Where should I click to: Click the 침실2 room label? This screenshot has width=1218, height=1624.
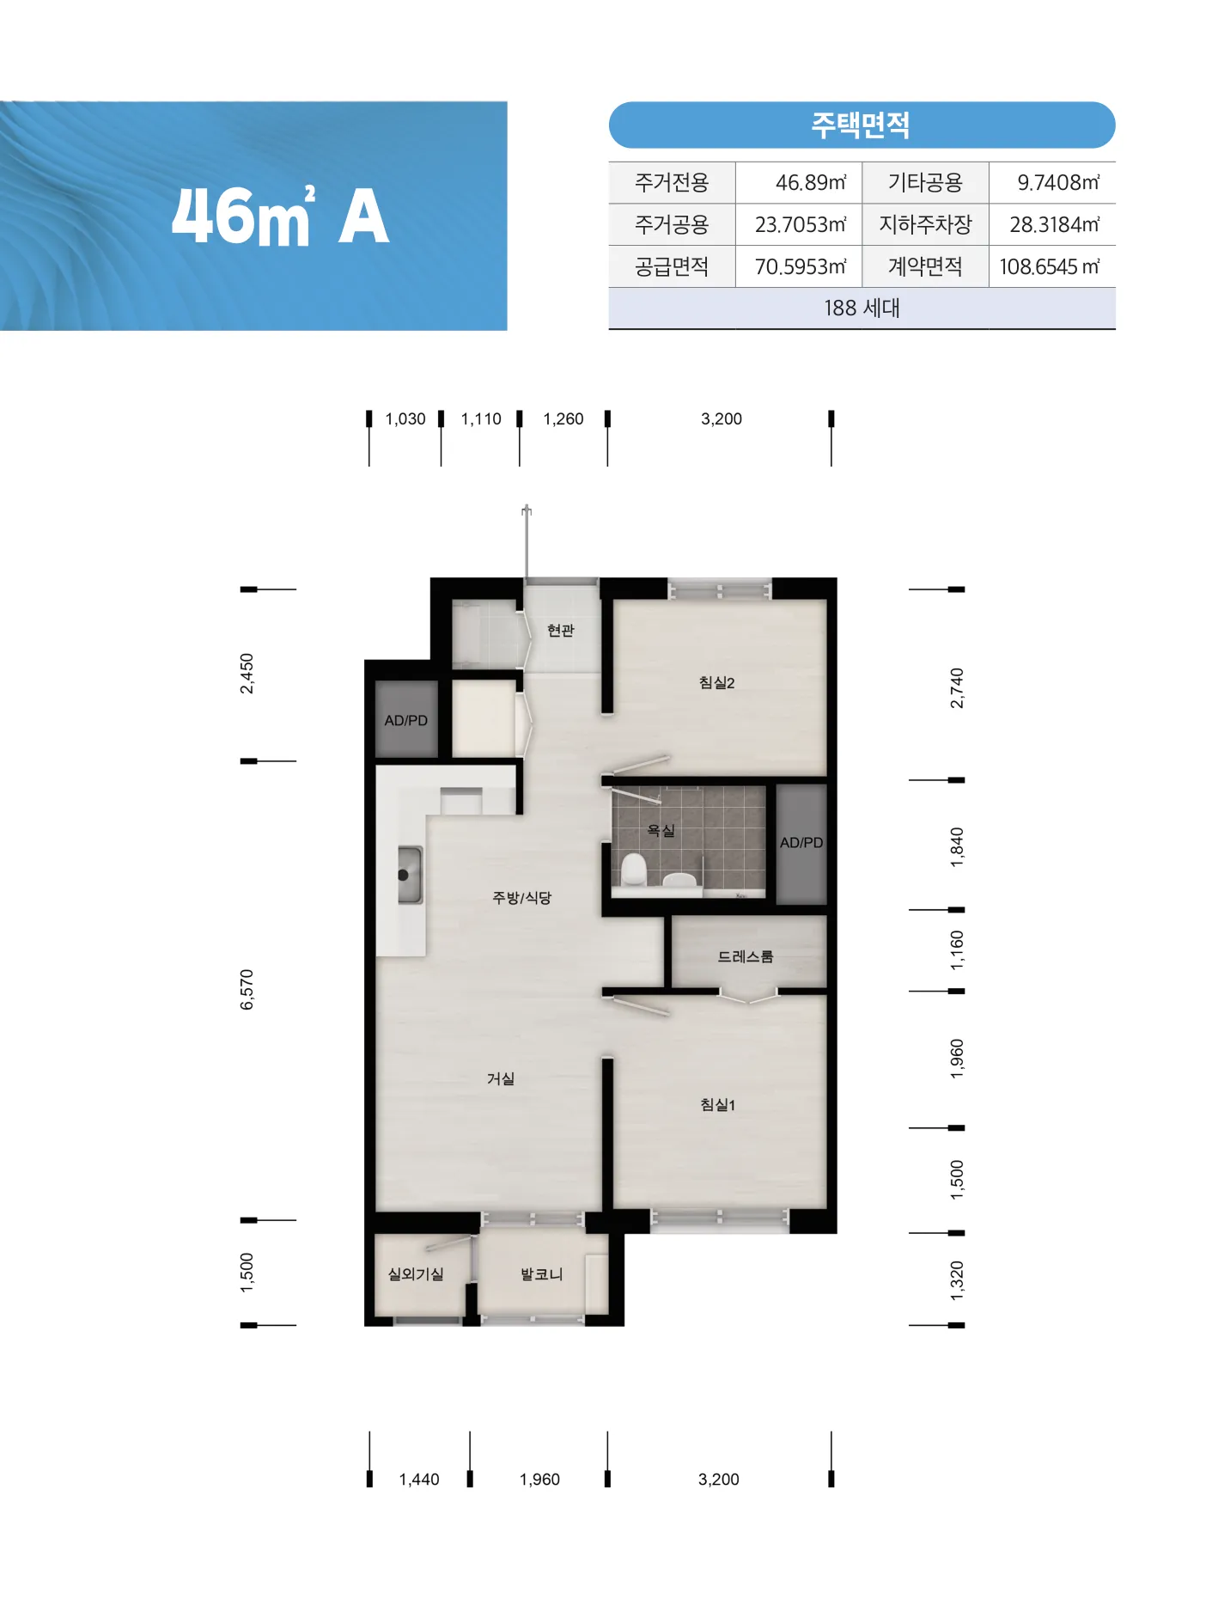[x=716, y=682]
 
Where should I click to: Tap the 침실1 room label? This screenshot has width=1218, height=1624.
[x=717, y=1104]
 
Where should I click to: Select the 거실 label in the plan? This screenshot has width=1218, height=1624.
[x=501, y=1078]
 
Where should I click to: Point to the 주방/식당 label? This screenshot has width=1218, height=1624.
[x=521, y=898]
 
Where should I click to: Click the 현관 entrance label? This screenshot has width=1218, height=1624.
[x=560, y=631]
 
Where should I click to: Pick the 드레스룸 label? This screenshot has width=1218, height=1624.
[x=746, y=956]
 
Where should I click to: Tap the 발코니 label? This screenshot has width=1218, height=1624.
[x=541, y=1274]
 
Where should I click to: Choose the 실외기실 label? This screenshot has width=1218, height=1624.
[x=416, y=1274]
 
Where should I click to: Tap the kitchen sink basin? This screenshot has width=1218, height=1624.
[x=410, y=875]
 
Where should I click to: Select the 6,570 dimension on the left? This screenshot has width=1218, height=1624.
[x=247, y=989]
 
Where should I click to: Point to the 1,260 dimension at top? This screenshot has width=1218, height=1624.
[x=563, y=419]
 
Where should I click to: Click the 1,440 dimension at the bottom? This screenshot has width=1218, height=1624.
[x=419, y=1480]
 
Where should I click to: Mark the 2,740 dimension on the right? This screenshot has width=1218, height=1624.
[x=957, y=687]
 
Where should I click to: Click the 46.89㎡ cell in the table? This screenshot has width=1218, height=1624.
[x=810, y=182]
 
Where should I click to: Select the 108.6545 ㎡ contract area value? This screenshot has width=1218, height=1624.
[x=1050, y=266]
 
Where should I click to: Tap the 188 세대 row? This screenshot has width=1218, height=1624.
[x=862, y=308]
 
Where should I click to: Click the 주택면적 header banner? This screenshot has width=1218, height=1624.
[x=862, y=125]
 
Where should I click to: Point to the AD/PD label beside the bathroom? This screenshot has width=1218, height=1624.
[x=801, y=843]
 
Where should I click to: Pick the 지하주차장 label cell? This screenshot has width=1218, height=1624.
[x=925, y=224]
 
